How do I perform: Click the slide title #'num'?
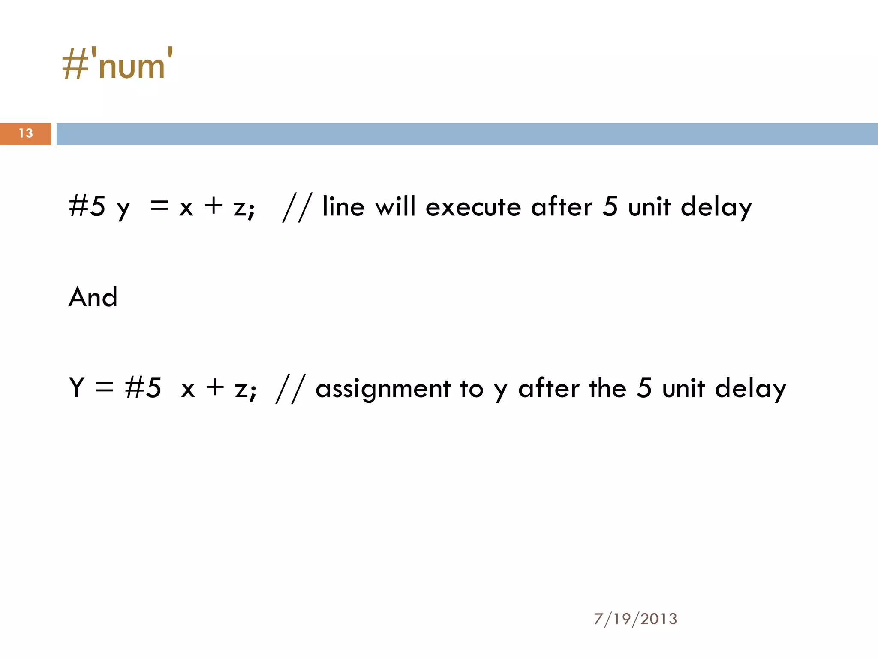[117, 64]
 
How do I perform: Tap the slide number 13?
[26, 133]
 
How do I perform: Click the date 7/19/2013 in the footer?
[635, 619]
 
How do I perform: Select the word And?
[93, 297]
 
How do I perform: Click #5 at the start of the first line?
[87, 206]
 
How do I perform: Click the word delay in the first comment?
[716, 208]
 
